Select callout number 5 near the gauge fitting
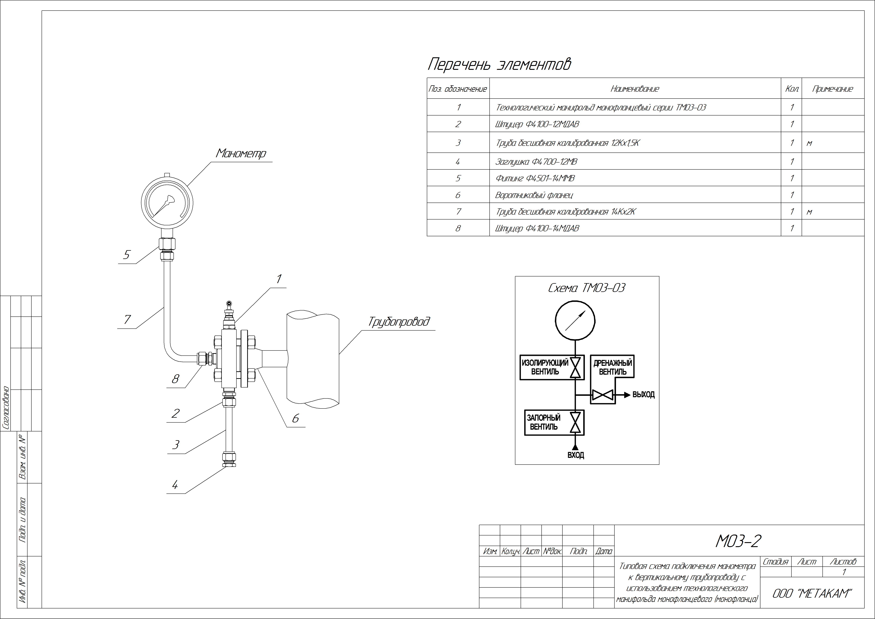tap(127, 255)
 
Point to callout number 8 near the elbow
tap(175, 379)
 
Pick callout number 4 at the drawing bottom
tap(175, 485)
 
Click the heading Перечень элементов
tap(499, 64)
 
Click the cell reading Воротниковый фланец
tap(533, 195)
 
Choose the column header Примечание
tap(833, 89)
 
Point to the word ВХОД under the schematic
tap(575, 455)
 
